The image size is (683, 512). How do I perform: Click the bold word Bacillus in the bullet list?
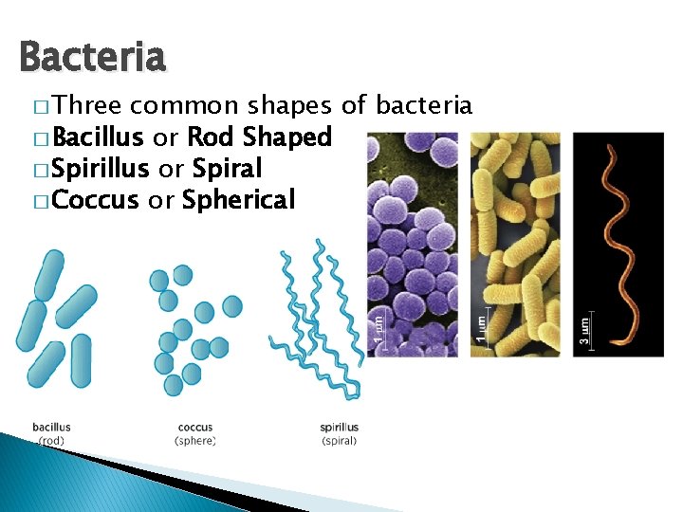[x=98, y=137]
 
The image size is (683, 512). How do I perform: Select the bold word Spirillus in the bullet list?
[x=102, y=169]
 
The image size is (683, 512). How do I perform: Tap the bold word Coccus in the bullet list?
[x=96, y=200]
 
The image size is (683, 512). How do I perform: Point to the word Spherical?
[x=238, y=200]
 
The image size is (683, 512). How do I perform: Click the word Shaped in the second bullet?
[x=287, y=137]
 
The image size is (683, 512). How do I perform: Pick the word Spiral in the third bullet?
[x=227, y=169]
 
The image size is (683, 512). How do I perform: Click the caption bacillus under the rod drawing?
[x=51, y=428]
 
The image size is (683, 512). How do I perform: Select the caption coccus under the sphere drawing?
[x=195, y=428]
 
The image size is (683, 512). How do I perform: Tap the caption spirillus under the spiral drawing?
[x=339, y=428]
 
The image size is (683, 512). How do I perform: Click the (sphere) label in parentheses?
[x=195, y=441]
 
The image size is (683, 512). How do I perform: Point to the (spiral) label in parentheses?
[x=339, y=441]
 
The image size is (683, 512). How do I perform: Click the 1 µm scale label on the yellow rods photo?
[x=482, y=323]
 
